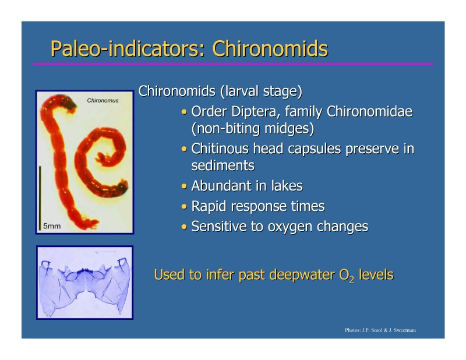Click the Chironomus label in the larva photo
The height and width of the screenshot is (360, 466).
coord(103,100)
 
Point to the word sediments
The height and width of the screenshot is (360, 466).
coord(223,166)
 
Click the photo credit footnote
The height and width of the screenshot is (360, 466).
coord(380,331)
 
